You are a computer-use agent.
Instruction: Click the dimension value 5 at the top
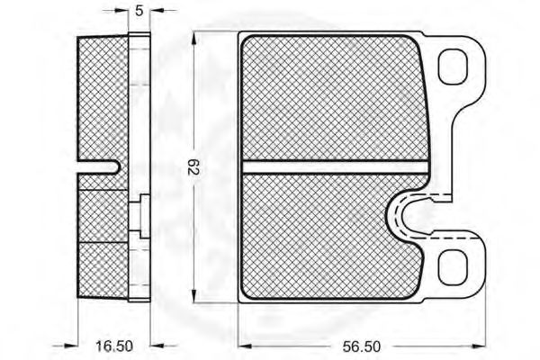[x=139, y=11]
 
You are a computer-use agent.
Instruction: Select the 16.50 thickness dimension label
[x=114, y=346]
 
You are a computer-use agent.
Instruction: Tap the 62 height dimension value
[x=193, y=166]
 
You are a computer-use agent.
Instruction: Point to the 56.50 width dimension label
[x=362, y=346]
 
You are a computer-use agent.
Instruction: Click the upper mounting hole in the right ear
[x=453, y=67]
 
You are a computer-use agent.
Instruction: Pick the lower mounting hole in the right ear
[x=453, y=267]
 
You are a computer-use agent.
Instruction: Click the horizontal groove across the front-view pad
[x=335, y=167]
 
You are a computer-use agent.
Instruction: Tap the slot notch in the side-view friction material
[x=99, y=167]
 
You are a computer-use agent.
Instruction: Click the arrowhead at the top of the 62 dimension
[x=194, y=39]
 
